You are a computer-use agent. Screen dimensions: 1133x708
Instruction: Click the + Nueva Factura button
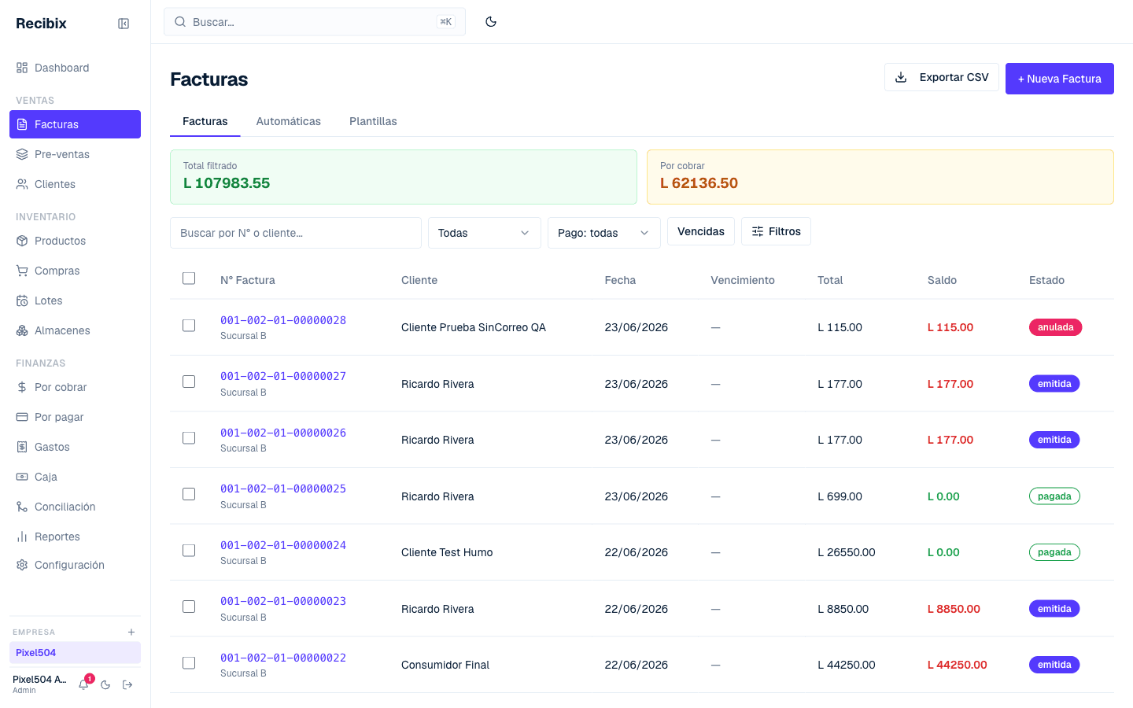(x=1059, y=79)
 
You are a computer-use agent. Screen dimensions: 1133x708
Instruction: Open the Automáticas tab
(x=288, y=121)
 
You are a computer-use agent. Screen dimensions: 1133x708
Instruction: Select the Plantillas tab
(x=373, y=121)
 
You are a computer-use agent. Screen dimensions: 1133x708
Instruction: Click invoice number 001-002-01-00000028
(x=283, y=320)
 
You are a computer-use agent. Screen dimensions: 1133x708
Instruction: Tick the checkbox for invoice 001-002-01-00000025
(x=189, y=494)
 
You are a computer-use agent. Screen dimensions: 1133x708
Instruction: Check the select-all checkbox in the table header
(x=189, y=278)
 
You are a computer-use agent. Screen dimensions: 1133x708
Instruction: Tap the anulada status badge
(x=1055, y=327)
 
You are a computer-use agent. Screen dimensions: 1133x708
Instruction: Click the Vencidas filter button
(x=700, y=231)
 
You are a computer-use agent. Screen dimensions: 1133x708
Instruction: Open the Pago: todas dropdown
(x=604, y=233)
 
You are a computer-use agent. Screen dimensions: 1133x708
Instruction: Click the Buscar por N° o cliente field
(x=295, y=233)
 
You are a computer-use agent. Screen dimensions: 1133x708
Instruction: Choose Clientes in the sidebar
(x=54, y=184)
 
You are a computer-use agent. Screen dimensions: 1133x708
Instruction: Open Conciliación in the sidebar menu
(x=65, y=507)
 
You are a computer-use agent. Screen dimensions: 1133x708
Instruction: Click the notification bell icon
(x=83, y=684)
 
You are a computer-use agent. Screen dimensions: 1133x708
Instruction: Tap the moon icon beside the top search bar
(x=491, y=22)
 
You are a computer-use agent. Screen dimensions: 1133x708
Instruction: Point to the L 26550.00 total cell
(x=847, y=552)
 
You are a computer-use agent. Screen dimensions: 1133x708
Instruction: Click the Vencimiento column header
(x=742, y=280)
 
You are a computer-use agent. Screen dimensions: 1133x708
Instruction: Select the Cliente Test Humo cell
(x=447, y=552)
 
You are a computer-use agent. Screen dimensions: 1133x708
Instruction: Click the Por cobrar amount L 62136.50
(x=699, y=183)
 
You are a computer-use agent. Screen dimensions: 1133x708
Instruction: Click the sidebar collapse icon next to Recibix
(x=124, y=24)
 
